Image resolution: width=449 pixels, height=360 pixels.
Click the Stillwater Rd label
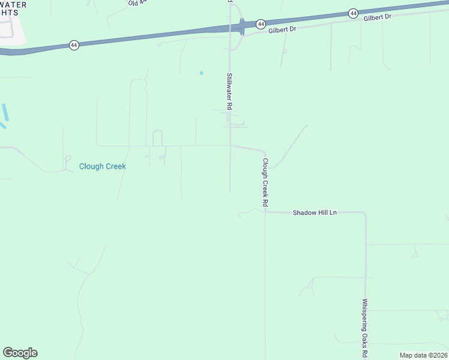pos(229,91)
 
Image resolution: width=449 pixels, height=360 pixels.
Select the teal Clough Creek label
pos(103,166)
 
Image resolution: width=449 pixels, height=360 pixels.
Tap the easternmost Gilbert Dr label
pos(377,17)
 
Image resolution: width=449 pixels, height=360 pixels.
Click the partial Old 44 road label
pos(137,3)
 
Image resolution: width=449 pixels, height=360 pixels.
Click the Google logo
pos(20,353)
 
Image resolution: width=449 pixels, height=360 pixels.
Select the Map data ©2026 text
pos(423,355)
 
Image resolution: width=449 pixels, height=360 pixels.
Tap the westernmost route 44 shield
pos(74,45)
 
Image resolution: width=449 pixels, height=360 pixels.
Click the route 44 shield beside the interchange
pos(261,24)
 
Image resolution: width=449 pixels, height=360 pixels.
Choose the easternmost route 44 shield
pos(353,13)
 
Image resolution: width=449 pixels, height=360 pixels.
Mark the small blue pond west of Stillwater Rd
pos(202,73)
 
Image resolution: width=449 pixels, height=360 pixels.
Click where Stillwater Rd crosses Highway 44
pos(230,27)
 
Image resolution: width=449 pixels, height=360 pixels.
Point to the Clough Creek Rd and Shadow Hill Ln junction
pos(265,212)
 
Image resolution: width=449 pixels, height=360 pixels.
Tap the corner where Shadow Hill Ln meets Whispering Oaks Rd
pos(365,213)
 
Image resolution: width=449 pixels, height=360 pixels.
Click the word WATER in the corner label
pos(13,4)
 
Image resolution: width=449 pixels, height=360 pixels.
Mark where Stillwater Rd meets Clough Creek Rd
pos(230,145)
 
